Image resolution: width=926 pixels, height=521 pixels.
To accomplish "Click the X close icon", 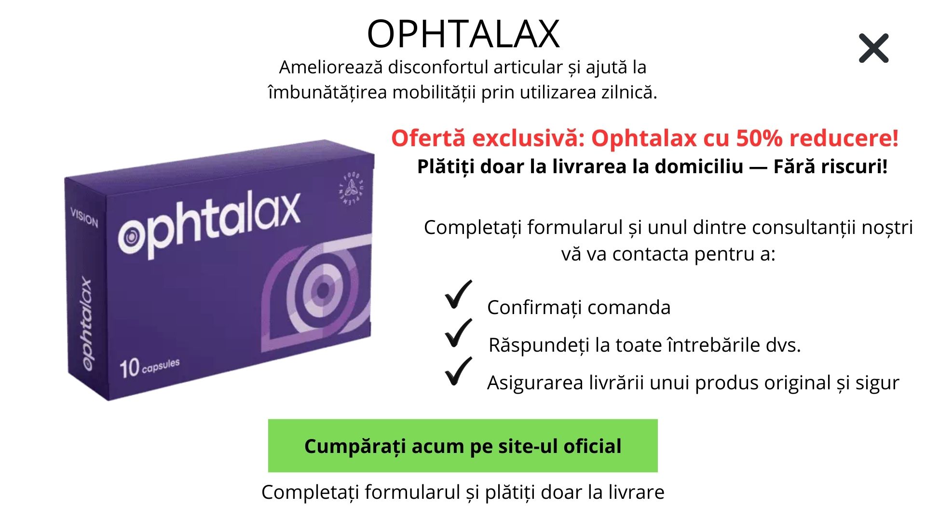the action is point(873,48).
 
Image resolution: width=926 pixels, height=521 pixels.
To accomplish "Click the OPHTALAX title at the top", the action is point(463,34).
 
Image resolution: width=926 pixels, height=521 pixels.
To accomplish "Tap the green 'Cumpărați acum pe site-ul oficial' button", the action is point(463,446).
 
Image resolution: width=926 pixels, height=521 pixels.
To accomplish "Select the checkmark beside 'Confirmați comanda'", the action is point(458,294).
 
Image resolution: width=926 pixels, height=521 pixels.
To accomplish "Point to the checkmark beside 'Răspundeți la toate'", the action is point(458,333).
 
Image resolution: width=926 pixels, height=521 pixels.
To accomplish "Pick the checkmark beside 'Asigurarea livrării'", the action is point(458,371).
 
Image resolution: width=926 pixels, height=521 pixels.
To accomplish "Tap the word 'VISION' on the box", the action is point(84,217).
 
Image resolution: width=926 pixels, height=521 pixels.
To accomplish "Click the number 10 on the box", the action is point(129,369).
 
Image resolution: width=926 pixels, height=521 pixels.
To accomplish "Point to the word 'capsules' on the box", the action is point(161,366).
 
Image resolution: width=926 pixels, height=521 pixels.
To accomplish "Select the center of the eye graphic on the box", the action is point(323,290).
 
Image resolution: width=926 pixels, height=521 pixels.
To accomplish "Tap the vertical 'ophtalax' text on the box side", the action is point(86,324).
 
